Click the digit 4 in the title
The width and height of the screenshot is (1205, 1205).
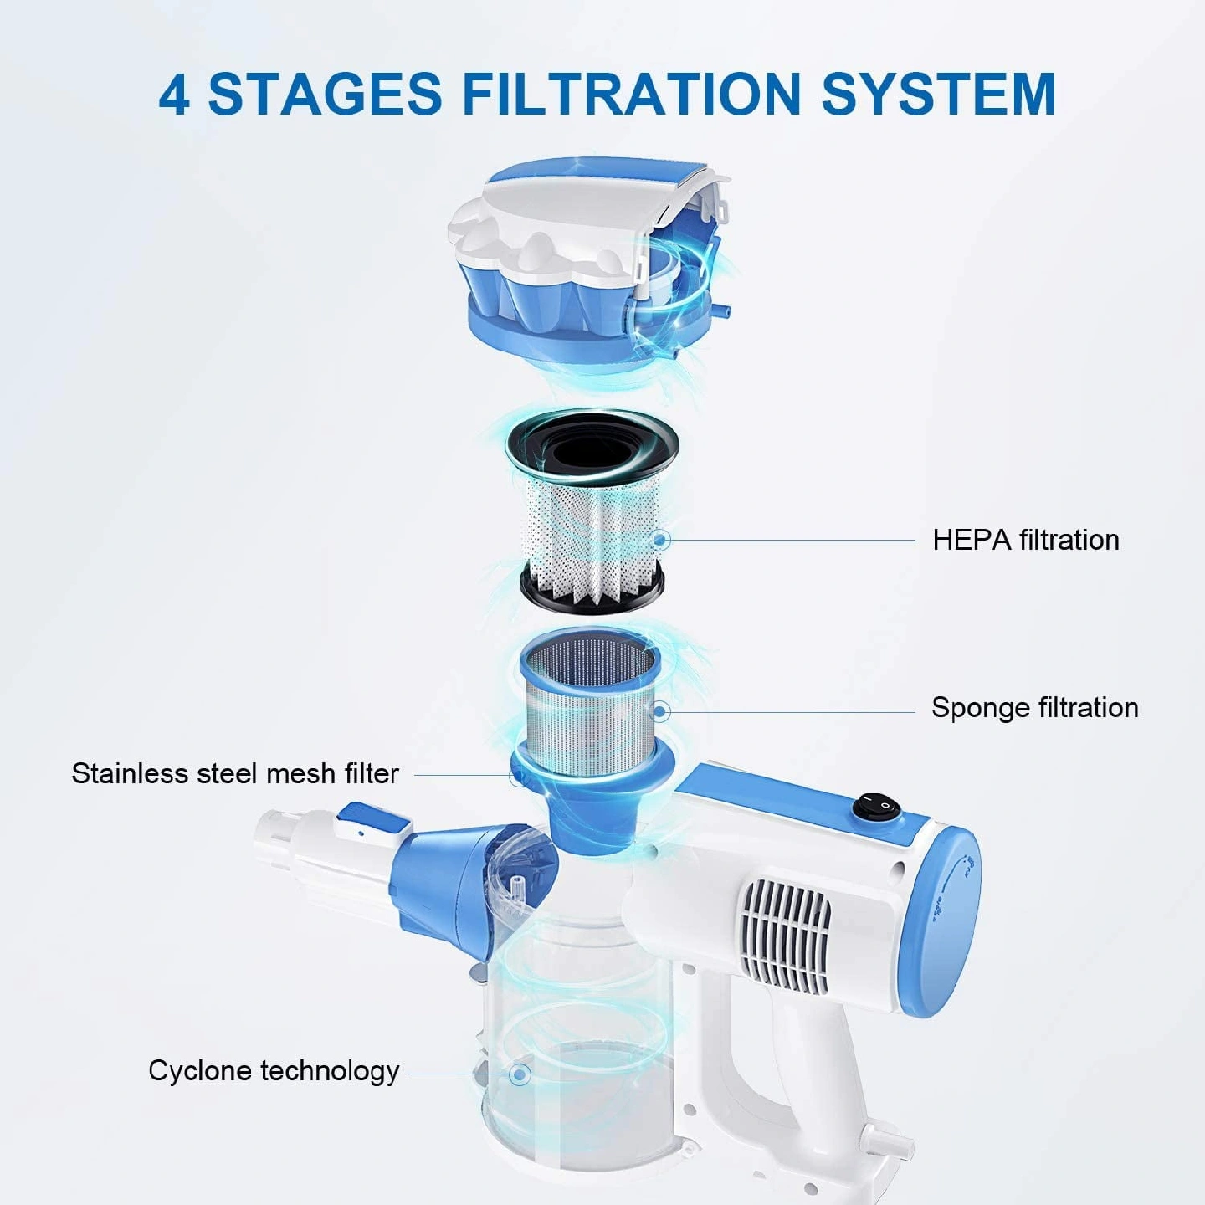[x=174, y=94]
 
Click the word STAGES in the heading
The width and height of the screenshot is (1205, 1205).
[x=326, y=94]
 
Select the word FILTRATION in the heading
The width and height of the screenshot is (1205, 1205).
[x=631, y=94]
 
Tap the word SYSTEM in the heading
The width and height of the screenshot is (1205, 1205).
[x=938, y=94]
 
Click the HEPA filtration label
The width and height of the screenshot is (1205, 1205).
[x=1026, y=541]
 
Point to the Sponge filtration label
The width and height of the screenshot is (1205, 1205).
[x=1035, y=709]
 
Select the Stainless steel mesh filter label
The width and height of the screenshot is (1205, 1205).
[x=235, y=773]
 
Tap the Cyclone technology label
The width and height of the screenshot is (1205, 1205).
[x=274, y=1071]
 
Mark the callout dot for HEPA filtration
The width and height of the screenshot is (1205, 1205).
[x=660, y=540]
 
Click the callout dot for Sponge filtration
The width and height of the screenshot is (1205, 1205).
[x=660, y=711]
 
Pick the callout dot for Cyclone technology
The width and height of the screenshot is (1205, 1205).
[x=519, y=1074]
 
